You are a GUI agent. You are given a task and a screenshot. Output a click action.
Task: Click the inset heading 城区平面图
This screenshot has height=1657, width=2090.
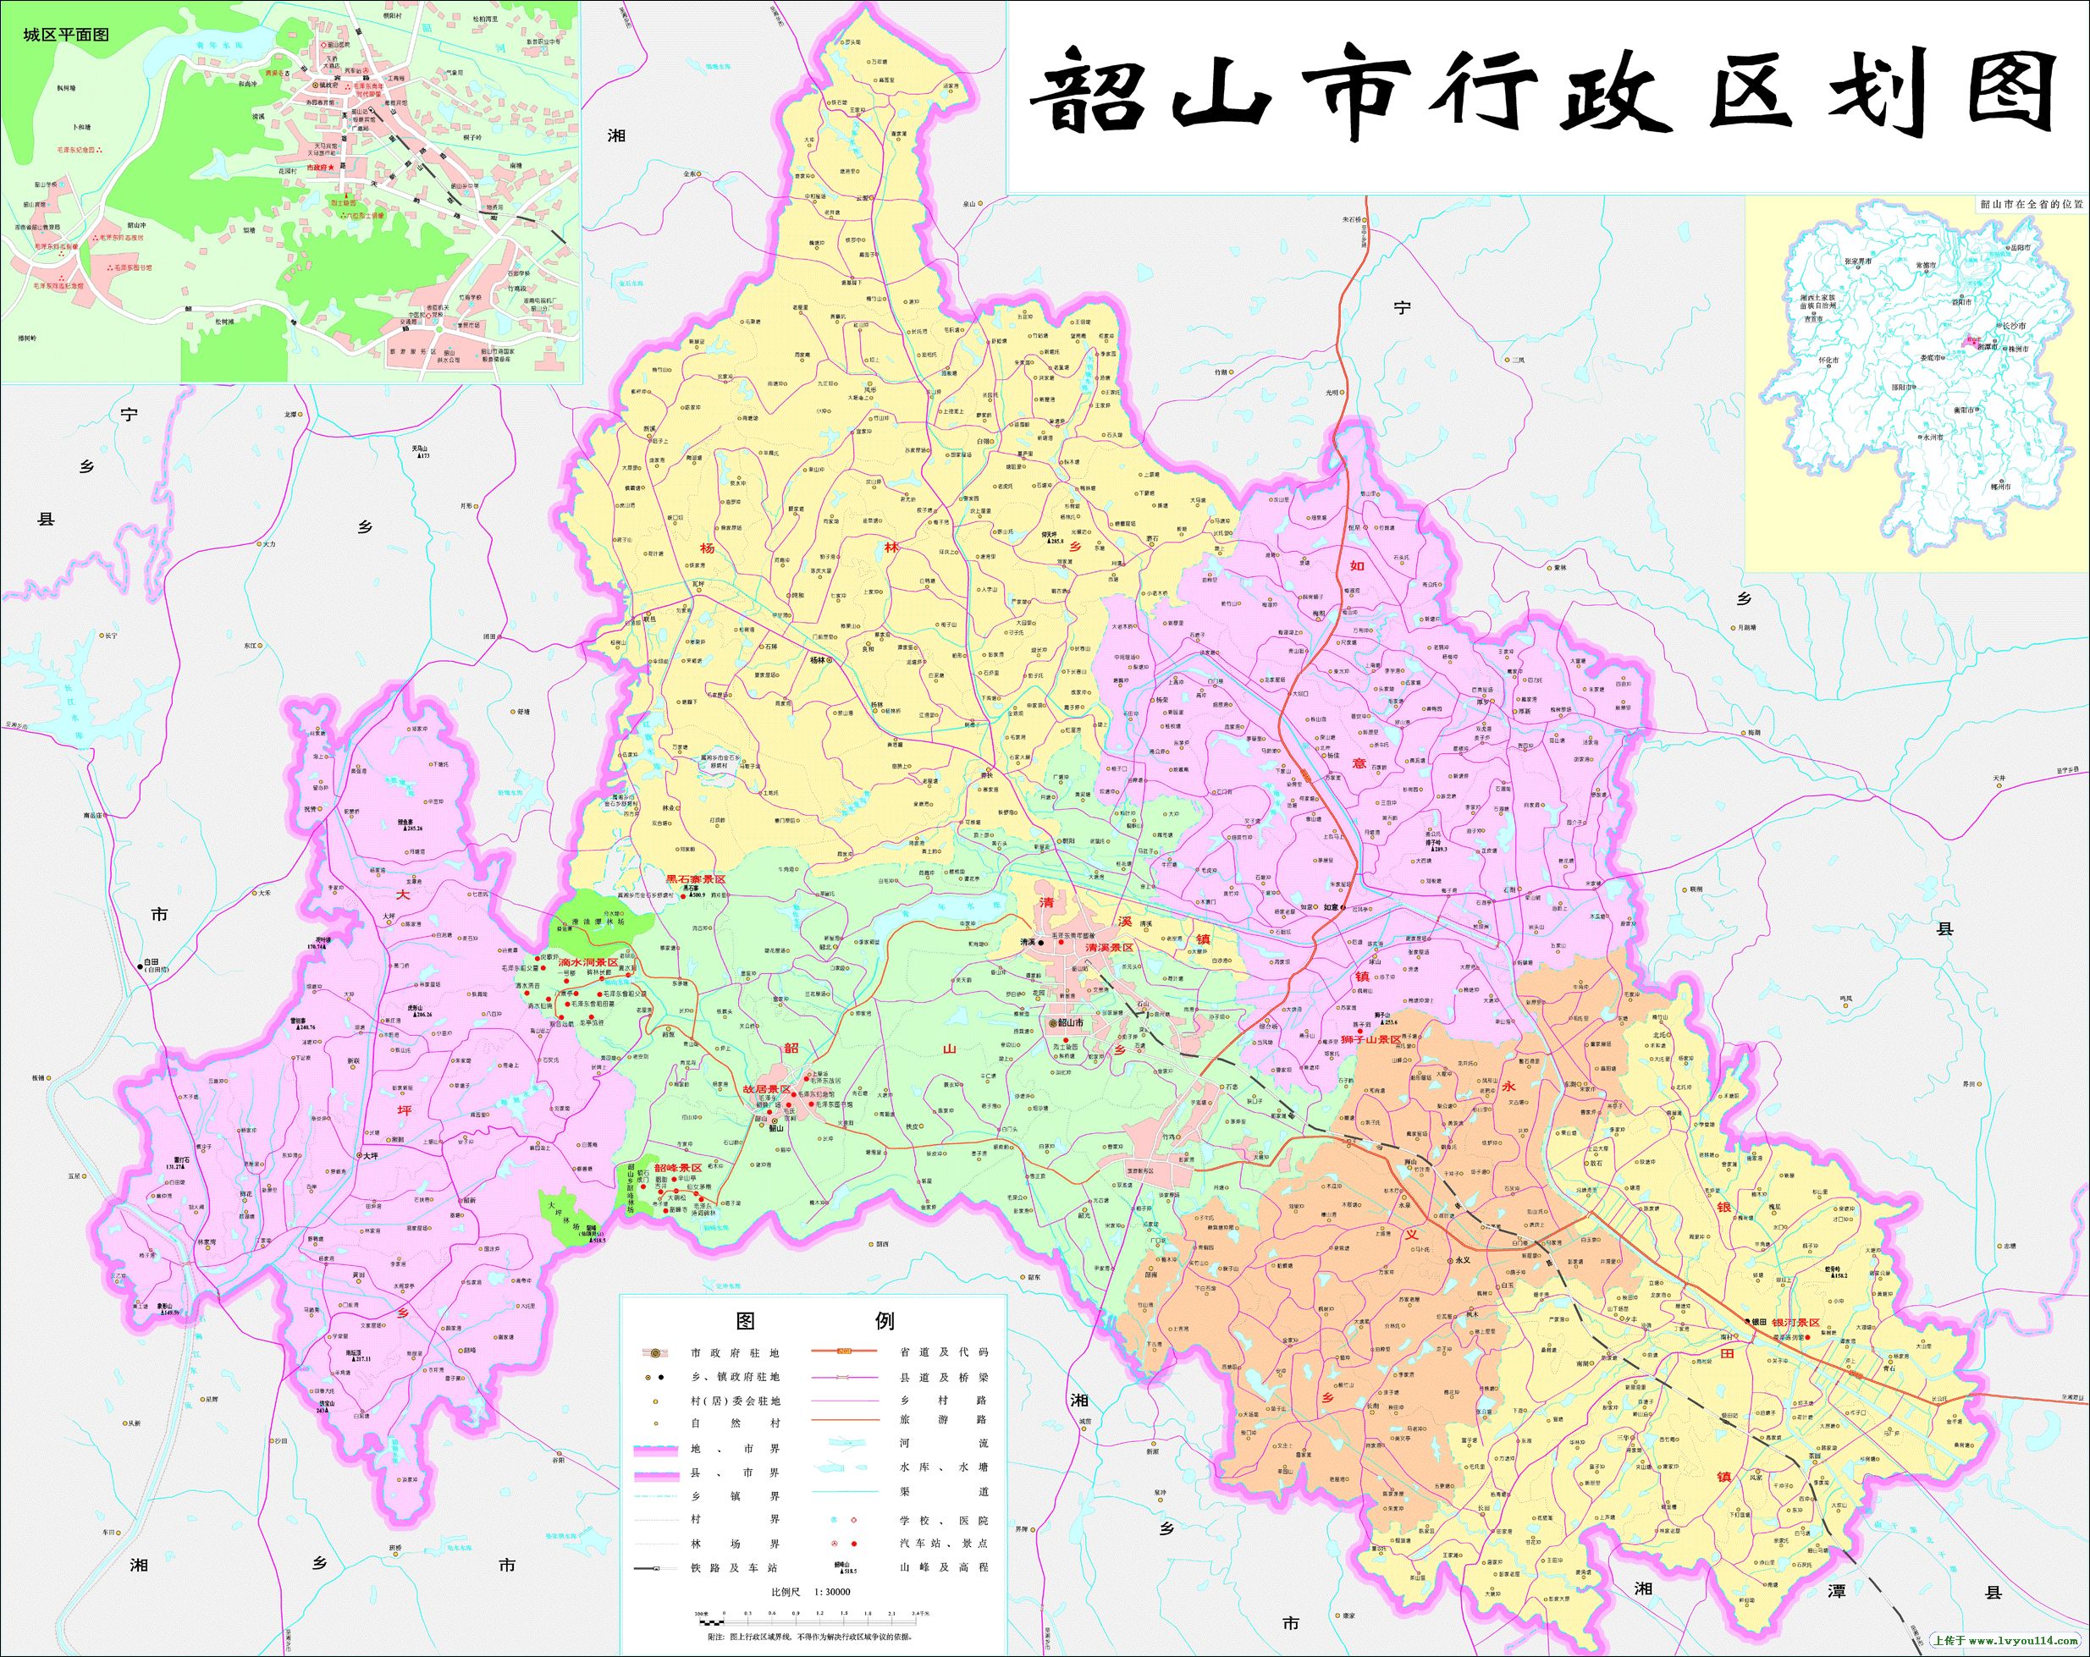pyautogui.click(x=66, y=35)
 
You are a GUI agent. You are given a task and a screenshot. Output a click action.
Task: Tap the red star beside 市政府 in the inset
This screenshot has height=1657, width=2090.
pyautogui.click(x=332, y=168)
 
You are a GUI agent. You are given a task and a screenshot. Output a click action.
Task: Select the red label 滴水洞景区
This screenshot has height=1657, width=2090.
pyautogui.click(x=587, y=962)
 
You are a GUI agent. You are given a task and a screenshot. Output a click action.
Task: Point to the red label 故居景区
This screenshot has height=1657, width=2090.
pyautogui.click(x=766, y=1089)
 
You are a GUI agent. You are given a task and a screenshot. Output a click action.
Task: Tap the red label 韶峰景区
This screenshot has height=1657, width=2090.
pyautogui.click(x=677, y=1169)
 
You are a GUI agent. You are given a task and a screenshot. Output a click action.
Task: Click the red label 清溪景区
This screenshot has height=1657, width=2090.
pyautogui.click(x=1110, y=947)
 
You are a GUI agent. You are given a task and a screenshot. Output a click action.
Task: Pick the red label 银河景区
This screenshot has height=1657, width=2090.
pyautogui.click(x=1795, y=1322)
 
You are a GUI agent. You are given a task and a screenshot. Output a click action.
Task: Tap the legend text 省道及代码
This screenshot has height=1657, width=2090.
pyautogui.click(x=944, y=1351)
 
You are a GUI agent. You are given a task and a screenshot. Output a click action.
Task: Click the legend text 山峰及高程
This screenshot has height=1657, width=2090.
pyautogui.click(x=944, y=1567)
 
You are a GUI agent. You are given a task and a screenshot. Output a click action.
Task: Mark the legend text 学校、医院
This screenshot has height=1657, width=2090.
pyautogui.click(x=944, y=1521)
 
